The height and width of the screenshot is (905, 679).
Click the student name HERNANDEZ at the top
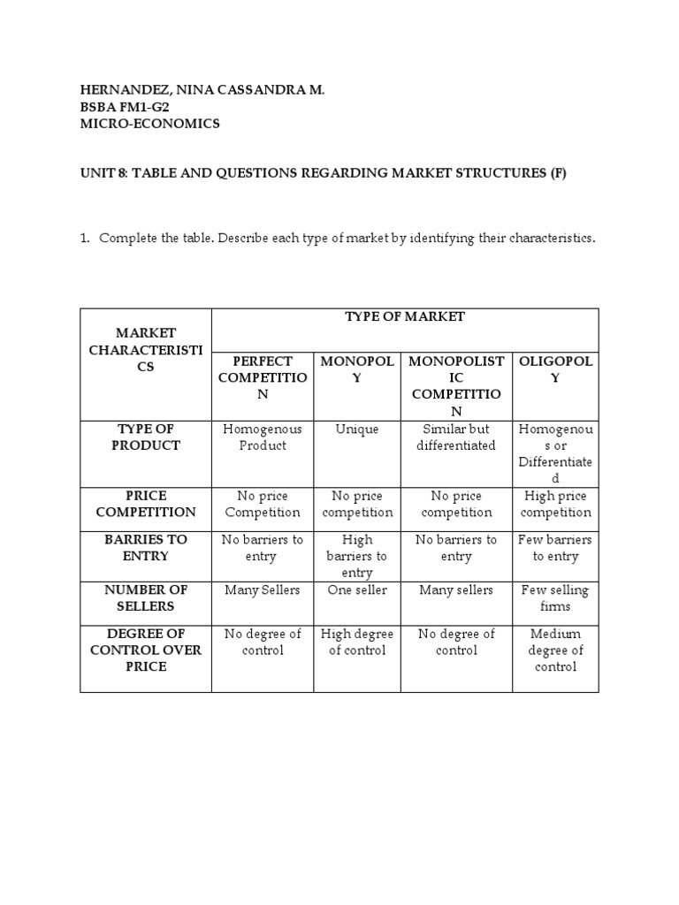click(x=117, y=89)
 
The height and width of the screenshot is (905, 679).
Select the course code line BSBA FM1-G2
click(x=124, y=107)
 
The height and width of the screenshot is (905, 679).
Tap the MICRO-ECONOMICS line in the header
click(x=149, y=124)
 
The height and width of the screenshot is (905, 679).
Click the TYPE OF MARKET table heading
click(x=405, y=316)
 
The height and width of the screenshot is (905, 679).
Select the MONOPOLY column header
click(x=357, y=369)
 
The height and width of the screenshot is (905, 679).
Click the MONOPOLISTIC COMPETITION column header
click(x=456, y=386)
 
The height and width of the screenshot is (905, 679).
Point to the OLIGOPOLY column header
click(x=555, y=369)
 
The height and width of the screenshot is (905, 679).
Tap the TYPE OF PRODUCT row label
click(x=146, y=437)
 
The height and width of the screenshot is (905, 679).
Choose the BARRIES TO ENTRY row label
click(x=146, y=548)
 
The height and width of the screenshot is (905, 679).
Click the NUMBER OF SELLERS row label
click(x=146, y=598)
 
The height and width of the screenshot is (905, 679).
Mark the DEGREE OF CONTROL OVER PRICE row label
click(x=146, y=650)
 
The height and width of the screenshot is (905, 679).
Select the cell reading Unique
click(x=357, y=430)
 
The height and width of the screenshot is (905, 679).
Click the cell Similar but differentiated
click(x=456, y=437)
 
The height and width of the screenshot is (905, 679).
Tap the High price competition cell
click(x=555, y=505)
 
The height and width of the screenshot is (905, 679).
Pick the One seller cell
click(x=357, y=590)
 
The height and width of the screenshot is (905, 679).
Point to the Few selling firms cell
click(x=555, y=598)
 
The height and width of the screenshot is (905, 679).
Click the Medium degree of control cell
click(x=555, y=650)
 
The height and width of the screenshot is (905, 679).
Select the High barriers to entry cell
click(x=357, y=556)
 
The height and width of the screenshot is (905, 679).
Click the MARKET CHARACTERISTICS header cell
click(x=146, y=349)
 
